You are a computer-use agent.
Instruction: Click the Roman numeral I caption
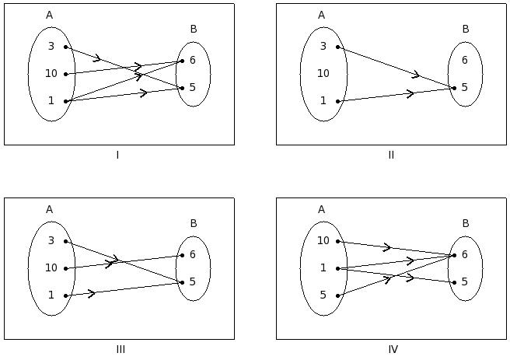pyautogui.click(x=117, y=155)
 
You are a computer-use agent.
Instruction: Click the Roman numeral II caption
pyautogui.click(x=391, y=155)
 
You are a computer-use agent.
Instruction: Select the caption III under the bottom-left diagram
pyautogui.click(x=121, y=349)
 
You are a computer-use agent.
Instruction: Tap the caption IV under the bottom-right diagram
pyautogui.click(x=393, y=349)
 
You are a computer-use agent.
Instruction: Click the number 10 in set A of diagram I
pyautogui.click(x=51, y=74)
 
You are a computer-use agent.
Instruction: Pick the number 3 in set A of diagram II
pyautogui.click(x=323, y=47)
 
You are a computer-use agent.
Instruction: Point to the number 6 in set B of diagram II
pyautogui.click(x=464, y=60)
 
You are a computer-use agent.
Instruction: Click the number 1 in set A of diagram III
pyautogui.click(x=51, y=295)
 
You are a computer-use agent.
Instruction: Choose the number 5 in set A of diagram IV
pyautogui.click(x=323, y=295)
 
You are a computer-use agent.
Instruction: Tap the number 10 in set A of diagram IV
pyautogui.click(x=323, y=241)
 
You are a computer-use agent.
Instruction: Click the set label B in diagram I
pyautogui.click(x=194, y=30)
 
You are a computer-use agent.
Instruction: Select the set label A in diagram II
pyautogui.click(x=321, y=15)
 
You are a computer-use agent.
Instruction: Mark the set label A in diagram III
pyautogui.click(x=49, y=209)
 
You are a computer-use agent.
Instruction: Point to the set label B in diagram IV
pyautogui.click(x=466, y=224)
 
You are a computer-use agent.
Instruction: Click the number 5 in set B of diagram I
pyautogui.click(x=192, y=88)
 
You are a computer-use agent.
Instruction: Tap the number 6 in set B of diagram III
pyautogui.click(x=192, y=254)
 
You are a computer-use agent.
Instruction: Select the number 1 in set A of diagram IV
pyautogui.click(x=323, y=268)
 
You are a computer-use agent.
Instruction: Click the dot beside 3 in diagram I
pyautogui.click(x=66, y=47)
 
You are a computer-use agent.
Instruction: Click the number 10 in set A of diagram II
pyautogui.click(x=323, y=74)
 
